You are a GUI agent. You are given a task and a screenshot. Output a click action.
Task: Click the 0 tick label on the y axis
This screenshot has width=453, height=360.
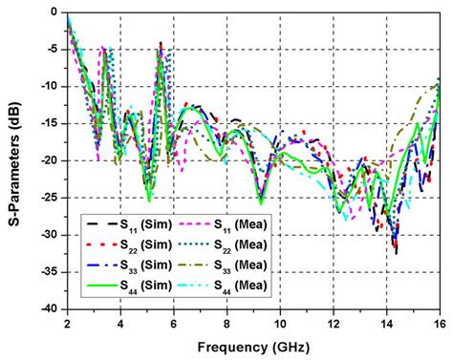pyautogui.click(x=56, y=12)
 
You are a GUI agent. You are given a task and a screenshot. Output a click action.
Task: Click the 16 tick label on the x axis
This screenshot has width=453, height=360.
pyautogui.click(x=439, y=322)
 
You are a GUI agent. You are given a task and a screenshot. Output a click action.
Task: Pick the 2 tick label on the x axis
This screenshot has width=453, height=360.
pyautogui.click(x=68, y=322)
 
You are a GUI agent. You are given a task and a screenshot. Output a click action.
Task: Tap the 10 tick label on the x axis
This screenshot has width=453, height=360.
pyautogui.click(x=280, y=322)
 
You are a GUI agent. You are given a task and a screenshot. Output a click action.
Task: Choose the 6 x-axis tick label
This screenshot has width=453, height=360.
pyautogui.click(x=174, y=322)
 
